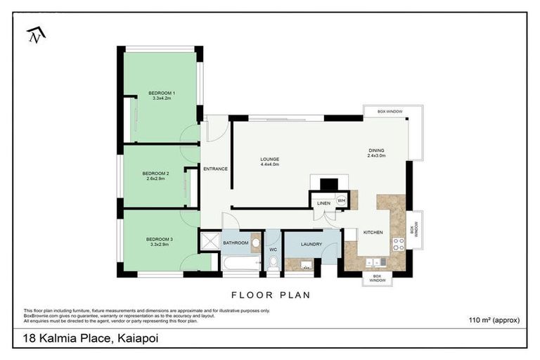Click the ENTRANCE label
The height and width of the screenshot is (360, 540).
click(x=215, y=169)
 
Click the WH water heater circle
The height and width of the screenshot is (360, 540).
click(x=341, y=200)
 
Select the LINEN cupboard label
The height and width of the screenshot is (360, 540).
click(x=323, y=203)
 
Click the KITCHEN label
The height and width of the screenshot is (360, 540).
click(x=373, y=231)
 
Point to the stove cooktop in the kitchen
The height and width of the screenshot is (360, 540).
click(x=398, y=245)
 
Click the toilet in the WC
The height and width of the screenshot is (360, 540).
click(x=274, y=263)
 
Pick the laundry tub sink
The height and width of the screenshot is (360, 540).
click(x=306, y=265)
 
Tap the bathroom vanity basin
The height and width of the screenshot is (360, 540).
click(x=256, y=243)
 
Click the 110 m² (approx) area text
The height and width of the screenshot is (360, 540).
click(x=494, y=320)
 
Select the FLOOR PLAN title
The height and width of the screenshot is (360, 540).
click(x=270, y=295)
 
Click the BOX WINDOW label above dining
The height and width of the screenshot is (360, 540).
click(x=390, y=112)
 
